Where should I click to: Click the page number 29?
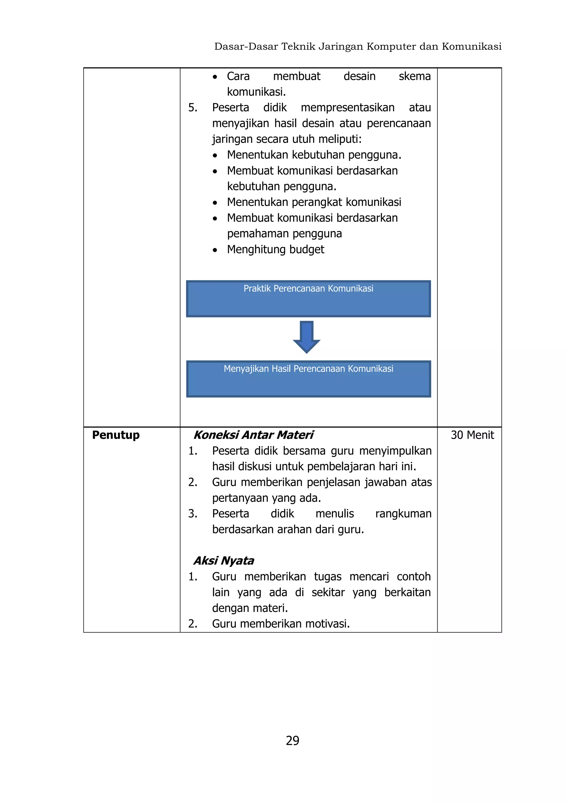click(x=292, y=740)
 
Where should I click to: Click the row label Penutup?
click(x=116, y=435)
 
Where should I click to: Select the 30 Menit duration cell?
click(x=472, y=435)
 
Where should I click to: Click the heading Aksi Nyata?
click(x=224, y=561)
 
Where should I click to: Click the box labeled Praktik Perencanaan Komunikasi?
click(x=308, y=299)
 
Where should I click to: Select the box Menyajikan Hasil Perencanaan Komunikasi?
click(x=308, y=379)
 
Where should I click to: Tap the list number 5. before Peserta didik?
click(x=193, y=108)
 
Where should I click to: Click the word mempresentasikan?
click(x=347, y=108)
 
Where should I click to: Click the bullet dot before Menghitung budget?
click(x=215, y=250)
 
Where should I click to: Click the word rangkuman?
click(x=403, y=514)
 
